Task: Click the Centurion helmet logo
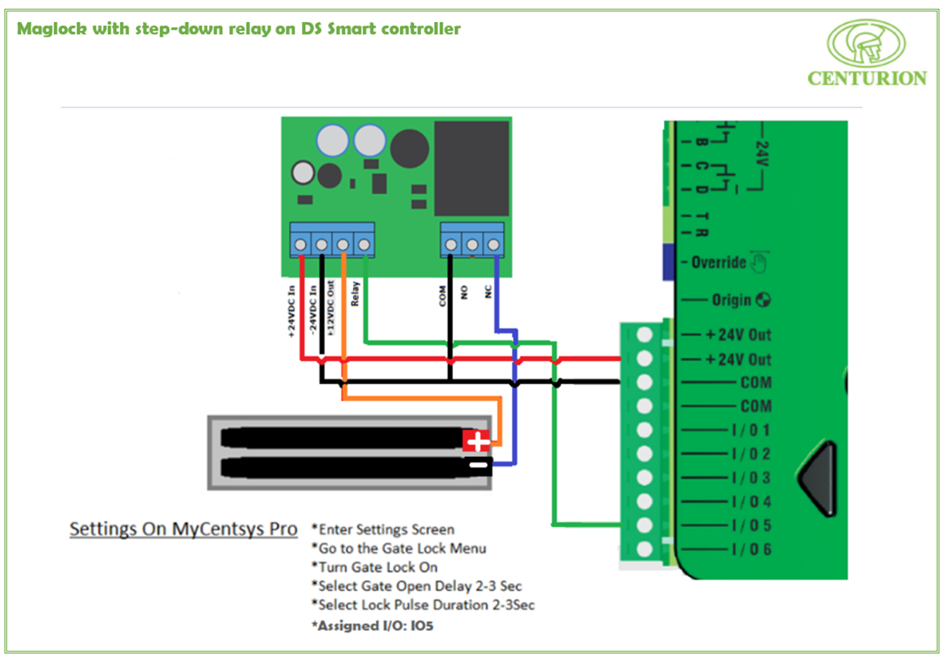coord(866,43)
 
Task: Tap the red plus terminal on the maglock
coord(476,441)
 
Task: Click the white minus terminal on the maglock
coord(479,466)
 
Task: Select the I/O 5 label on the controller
coord(751,526)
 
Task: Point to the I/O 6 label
coord(751,549)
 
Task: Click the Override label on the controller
coord(718,262)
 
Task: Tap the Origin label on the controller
coord(731,300)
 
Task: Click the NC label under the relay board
coord(488,291)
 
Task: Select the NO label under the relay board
coord(464,292)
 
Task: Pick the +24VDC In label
coord(291,311)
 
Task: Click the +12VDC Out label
coord(331,308)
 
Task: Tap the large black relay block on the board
coord(471,168)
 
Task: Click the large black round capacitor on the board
coord(409,149)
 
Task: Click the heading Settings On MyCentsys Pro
coord(183,529)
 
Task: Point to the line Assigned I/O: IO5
coord(373,625)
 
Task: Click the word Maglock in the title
coord(52,29)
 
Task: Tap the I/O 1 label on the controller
coord(751,430)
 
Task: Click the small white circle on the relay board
coord(303,173)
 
